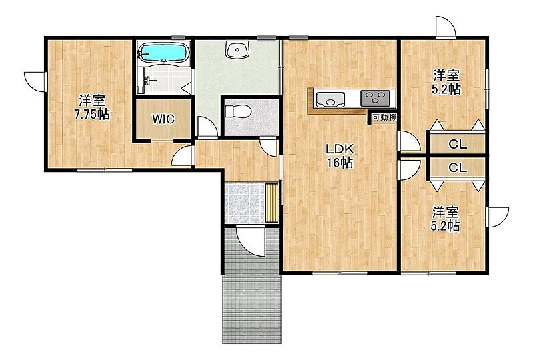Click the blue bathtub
click(x=164, y=53)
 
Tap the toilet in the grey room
click(x=239, y=111)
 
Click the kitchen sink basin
click(x=330, y=99)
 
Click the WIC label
click(x=163, y=119)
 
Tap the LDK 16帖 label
click(x=340, y=156)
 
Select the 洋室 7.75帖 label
click(x=92, y=107)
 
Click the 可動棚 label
click(x=384, y=118)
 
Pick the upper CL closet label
click(x=458, y=144)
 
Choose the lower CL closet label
click(x=458, y=167)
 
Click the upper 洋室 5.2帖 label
click(x=446, y=82)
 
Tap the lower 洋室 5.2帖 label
click(x=446, y=219)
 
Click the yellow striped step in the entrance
click(x=272, y=203)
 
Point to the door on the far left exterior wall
click(x=35, y=81)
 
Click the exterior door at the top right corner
click(x=446, y=27)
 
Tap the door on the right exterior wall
click(x=497, y=217)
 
